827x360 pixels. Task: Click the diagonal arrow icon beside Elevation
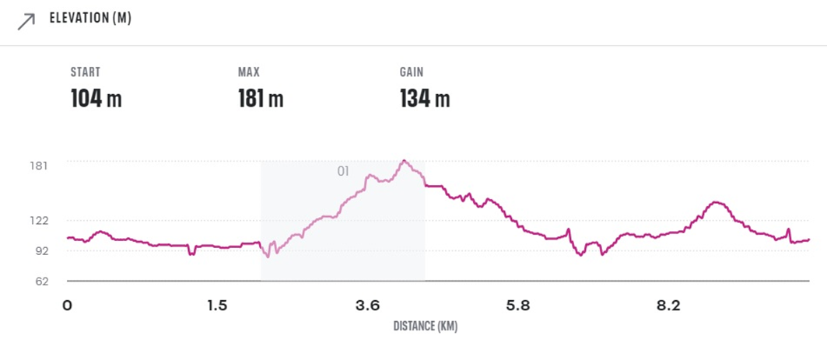pos(26,21)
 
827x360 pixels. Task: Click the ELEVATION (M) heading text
pos(90,19)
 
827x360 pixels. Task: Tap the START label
pos(86,72)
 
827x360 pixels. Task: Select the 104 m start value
pos(96,99)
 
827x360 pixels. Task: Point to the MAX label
pos(248,72)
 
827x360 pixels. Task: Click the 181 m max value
pos(260,99)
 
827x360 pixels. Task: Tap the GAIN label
pos(412,72)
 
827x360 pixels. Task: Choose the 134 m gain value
pos(425,99)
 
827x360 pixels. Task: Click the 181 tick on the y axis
pos(39,166)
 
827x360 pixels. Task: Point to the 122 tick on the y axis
pos(39,221)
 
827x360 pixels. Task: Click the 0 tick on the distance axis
pos(68,306)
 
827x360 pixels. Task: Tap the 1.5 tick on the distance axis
pos(217,306)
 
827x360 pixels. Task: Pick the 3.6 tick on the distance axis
pos(367,306)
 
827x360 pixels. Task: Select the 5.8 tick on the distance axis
pos(518,306)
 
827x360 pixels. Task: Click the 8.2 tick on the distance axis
pos(668,306)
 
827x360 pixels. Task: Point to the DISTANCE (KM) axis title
pos(425,327)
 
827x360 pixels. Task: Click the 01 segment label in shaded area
pos(343,171)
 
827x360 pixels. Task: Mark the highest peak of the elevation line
pos(404,161)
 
